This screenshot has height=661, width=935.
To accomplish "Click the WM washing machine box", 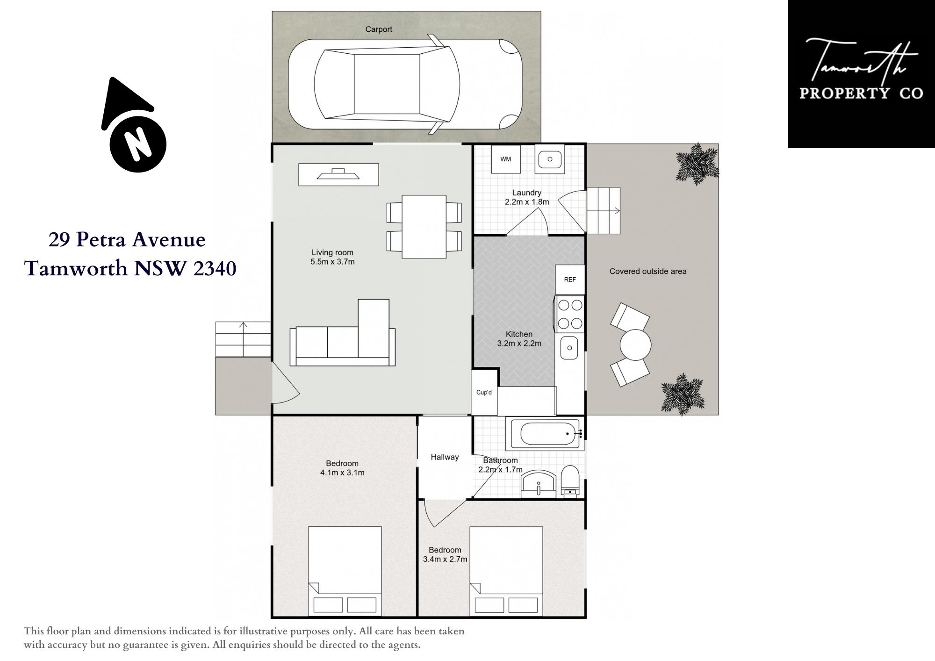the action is click(x=506, y=159).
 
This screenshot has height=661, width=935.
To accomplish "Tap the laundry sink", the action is click(x=550, y=159).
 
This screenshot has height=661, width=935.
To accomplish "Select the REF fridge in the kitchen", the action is click(x=570, y=280).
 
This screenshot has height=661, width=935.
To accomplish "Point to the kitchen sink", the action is click(x=569, y=348).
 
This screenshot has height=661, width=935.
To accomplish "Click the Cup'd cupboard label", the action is click(x=484, y=392).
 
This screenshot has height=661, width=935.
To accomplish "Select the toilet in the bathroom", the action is click(x=570, y=481).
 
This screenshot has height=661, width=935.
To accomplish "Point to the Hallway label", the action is click(x=445, y=457).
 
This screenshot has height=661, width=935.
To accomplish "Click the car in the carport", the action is click(x=405, y=84).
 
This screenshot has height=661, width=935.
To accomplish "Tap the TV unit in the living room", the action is click(x=338, y=174).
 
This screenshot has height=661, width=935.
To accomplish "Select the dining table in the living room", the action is click(x=424, y=227).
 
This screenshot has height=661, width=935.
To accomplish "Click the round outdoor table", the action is click(x=635, y=345).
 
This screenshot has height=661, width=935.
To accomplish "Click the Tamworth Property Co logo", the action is click(x=861, y=74).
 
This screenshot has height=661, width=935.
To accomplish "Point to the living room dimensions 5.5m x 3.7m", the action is click(x=332, y=262).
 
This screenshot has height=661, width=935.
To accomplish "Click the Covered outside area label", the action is click(x=648, y=271).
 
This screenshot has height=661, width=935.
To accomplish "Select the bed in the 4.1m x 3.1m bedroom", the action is click(x=345, y=571).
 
